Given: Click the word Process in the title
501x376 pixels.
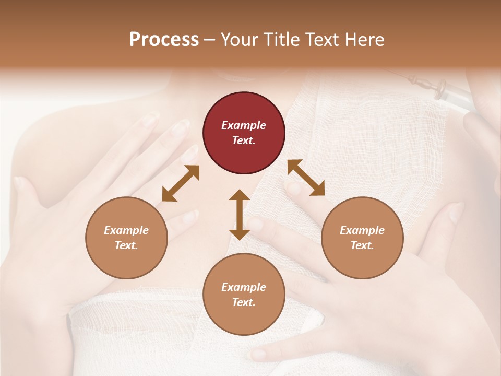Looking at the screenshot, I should (x=164, y=40).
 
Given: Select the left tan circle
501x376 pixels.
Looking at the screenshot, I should (x=126, y=238).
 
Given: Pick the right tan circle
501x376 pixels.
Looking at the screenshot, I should (x=362, y=238).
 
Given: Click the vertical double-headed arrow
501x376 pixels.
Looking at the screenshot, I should (x=240, y=215).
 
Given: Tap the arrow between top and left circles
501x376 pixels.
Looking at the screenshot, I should (x=181, y=183).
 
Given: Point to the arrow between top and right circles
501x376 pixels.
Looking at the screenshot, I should (x=306, y=178).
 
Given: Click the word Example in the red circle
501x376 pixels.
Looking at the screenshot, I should (x=244, y=125).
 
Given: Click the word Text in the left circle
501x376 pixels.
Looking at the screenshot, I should (x=126, y=245).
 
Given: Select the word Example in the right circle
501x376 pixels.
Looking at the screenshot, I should (x=362, y=230).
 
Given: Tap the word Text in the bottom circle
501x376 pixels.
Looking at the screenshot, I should (x=244, y=302).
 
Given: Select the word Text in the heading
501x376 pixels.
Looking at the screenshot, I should (x=319, y=40).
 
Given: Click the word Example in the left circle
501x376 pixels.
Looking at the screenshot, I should (x=126, y=230).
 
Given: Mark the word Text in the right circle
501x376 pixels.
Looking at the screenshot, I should (x=362, y=245).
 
